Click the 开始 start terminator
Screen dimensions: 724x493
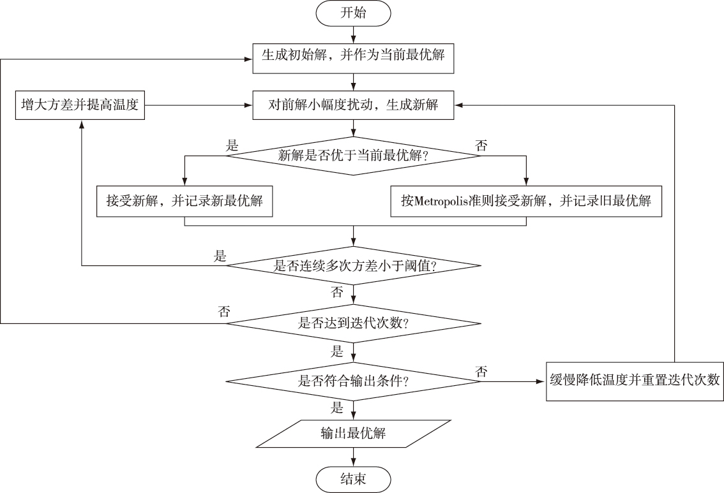point(353,13)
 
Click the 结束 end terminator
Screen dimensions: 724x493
point(353,479)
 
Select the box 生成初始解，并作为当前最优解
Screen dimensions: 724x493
point(353,58)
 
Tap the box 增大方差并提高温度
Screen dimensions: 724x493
point(80,105)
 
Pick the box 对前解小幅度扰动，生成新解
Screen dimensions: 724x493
point(353,105)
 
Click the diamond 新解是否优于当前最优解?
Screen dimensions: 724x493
point(353,156)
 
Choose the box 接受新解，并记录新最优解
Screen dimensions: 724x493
point(185,201)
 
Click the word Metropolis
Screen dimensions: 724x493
point(441,201)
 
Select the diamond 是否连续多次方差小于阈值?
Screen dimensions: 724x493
point(353,266)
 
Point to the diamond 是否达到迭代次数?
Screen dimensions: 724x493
point(353,323)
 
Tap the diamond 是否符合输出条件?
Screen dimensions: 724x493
point(353,381)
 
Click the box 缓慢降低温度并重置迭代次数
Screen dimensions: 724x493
point(635,381)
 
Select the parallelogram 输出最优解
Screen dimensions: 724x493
point(353,434)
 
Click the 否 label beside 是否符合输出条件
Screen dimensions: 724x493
point(481,371)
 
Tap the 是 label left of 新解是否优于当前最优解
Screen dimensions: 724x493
point(232,146)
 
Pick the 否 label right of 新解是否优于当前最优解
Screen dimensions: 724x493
point(481,146)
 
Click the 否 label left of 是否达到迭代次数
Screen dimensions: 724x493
point(224,313)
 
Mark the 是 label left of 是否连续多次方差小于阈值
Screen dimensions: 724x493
point(220,256)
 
